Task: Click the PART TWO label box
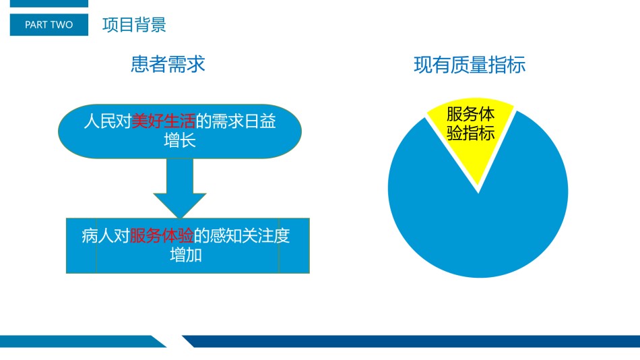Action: (49, 24)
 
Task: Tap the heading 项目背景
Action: (134, 24)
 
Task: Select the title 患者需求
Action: (168, 64)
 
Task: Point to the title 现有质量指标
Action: (470, 65)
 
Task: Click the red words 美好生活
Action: (163, 121)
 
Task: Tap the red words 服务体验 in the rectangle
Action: (162, 235)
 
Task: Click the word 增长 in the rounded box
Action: (180, 140)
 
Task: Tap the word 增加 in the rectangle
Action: (186, 255)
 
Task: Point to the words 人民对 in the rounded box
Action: (107, 121)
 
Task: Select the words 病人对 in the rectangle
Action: (106, 235)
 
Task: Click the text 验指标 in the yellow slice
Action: (471, 133)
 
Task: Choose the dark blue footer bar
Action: (411, 341)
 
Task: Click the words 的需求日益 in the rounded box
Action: (236, 121)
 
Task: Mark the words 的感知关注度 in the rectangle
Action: (242, 235)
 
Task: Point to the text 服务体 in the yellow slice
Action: (471, 114)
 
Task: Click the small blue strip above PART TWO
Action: (49, 3)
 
